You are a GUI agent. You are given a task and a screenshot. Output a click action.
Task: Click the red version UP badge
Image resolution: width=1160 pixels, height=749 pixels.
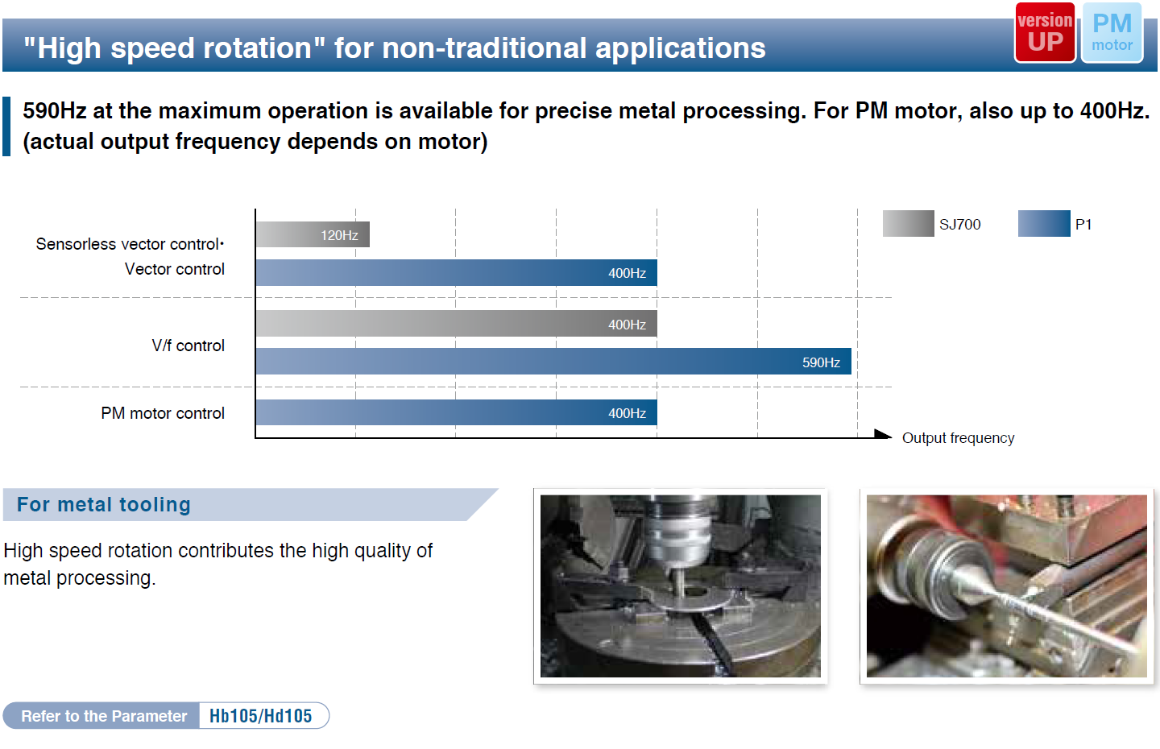pyautogui.click(x=1045, y=32)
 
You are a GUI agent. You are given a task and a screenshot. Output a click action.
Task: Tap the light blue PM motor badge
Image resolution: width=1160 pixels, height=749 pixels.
pyautogui.click(x=1112, y=32)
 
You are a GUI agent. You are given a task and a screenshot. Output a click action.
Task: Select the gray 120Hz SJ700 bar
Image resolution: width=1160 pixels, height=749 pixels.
pyautogui.click(x=313, y=234)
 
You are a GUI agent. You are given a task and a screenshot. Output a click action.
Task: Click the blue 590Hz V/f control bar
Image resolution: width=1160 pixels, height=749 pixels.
pyautogui.click(x=553, y=362)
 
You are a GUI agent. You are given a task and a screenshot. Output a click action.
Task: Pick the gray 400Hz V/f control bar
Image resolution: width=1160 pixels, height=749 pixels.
pyautogui.click(x=456, y=324)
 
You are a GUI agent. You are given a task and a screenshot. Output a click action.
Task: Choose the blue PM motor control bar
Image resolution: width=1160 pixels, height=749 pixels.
pyautogui.click(x=456, y=412)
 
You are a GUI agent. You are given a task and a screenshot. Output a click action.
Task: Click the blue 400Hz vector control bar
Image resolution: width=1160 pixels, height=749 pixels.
pyautogui.click(x=456, y=272)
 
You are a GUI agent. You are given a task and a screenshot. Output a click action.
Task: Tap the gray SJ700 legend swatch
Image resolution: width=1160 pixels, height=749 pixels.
pyautogui.click(x=909, y=224)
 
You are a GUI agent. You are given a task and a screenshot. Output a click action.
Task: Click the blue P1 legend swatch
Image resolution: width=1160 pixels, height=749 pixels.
pyautogui.click(x=1044, y=224)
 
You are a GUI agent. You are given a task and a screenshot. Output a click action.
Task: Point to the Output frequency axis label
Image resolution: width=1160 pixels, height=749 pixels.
pyautogui.click(x=958, y=438)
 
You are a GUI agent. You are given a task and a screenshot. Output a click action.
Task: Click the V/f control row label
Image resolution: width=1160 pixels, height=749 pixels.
pyautogui.click(x=188, y=346)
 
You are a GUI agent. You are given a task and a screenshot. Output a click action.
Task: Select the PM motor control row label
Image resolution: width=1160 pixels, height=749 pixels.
pyautogui.click(x=163, y=413)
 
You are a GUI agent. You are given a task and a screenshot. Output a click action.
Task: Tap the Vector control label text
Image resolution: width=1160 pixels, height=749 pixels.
pyautogui.click(x=175, y=269)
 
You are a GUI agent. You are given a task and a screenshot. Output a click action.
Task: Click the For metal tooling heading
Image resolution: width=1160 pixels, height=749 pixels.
pyautogui.click(x=104, y=504)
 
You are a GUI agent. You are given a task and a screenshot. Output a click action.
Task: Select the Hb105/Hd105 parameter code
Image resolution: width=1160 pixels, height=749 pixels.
pyautogui.click(x=260, y=716)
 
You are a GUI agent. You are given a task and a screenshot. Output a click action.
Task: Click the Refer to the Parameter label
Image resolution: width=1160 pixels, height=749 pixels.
pyautogui.click(x=104, y=716)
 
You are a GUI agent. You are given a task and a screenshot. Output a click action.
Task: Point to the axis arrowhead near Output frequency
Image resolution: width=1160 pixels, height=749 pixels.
pyautogui.click(x=883, y=434)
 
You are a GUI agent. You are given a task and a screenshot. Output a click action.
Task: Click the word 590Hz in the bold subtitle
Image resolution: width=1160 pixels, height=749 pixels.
pyautogui.click(x=55, y=111)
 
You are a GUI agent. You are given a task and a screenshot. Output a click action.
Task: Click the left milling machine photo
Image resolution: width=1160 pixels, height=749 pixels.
pyautogui.click(x=681, y=586)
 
